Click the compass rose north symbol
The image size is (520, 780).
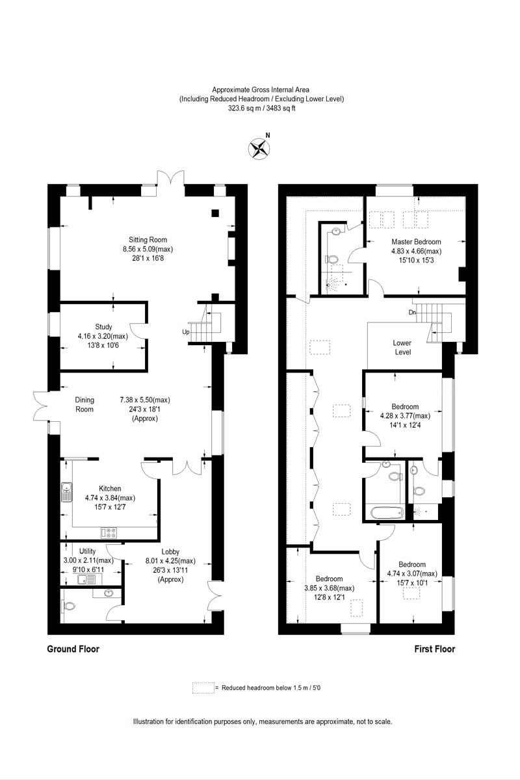(x=259, y=148)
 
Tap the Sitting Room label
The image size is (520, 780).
(x=148, y=240)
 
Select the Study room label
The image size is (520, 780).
(x=103, y=327)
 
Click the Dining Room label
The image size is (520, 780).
(x=84, y=404)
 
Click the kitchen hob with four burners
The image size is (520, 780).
(x=109, y=533)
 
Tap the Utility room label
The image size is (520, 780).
(x=88, y=551)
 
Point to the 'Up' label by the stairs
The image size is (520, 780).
(x=185, y=331)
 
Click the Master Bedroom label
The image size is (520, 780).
(x=416, y=242)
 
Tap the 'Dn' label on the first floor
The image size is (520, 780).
(x=412, y=313)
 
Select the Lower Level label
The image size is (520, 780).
(x=402, y=347)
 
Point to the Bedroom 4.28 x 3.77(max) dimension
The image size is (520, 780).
(x=405, y=416)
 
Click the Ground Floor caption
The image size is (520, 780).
(x=73, y=649)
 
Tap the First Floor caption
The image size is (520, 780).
(x=435, y=649)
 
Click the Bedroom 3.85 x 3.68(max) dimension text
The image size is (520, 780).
(x=330, y=588)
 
